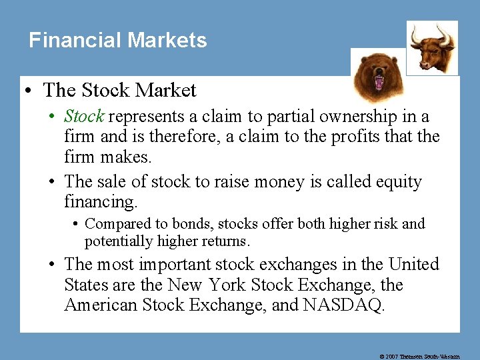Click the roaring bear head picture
click(377, 76)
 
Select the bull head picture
click(432, 46)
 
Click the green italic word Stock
click(84, 116)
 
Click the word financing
click(98, 201)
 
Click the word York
click(227, 285)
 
